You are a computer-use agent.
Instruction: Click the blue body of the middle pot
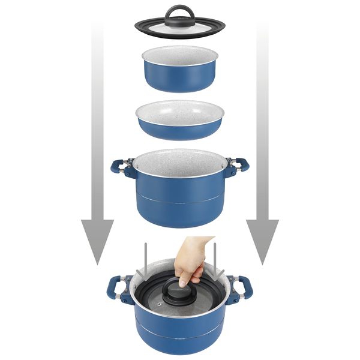point(179,204)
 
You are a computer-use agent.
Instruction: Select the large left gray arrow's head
point(97,240)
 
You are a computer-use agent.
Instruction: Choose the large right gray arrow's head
point(262,240)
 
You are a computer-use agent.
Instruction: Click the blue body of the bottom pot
point(179,336)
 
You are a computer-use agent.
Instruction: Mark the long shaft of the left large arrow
point(97,120)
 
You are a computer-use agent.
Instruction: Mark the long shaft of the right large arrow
point(262,120)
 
